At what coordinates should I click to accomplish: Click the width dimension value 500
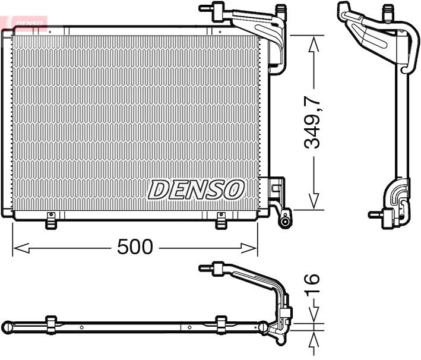135,247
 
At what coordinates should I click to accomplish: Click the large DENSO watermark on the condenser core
196,190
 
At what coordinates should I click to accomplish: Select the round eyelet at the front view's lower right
286,222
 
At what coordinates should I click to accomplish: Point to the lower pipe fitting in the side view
375,214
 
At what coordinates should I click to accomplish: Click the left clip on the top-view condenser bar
51,324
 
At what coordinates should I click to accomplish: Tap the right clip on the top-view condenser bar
221,324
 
